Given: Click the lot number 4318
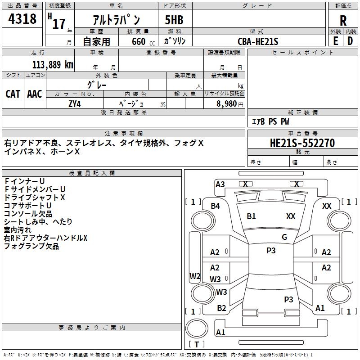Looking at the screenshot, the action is click(23, 19).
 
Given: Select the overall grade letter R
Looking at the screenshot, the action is click(343, 20).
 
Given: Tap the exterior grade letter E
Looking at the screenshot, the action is click(335, 40).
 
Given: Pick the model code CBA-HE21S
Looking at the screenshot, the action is click(258, 41).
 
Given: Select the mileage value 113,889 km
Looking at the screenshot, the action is click(53, 64).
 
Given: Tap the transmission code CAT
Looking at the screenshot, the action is click(13, 94).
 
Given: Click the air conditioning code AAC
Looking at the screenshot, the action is click(35, 94).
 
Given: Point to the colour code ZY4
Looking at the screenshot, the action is click(75, 103).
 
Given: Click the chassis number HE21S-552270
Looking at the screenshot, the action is click(302, 143).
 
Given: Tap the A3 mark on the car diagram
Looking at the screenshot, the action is click(220, 184).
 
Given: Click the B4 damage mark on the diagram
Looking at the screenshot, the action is click(216, 206).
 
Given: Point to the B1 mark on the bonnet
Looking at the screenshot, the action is click(251, 216).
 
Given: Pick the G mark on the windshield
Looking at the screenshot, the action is click(284, 237).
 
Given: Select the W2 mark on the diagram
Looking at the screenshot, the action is click(194, 276).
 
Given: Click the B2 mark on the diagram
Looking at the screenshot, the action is click(221, 308).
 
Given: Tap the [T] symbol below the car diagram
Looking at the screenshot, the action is click(196, 344).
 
